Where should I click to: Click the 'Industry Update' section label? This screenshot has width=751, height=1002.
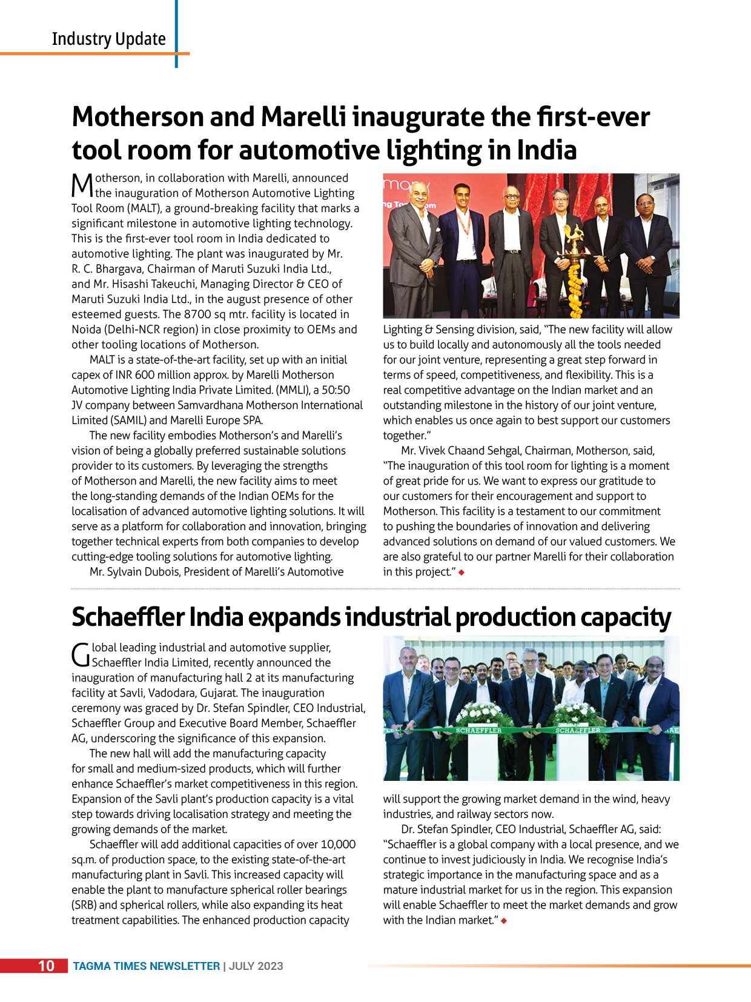[108, 39]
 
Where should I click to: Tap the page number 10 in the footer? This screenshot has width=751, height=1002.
[46, 966]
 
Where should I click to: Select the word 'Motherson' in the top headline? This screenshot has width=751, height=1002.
[137, 117]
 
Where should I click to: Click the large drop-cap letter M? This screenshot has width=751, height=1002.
[82, 185]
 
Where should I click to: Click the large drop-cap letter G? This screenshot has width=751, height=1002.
[81, 655]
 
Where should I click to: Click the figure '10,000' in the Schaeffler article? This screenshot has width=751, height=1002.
[338, 844]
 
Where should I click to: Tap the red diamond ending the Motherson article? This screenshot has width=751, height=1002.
[462, 572]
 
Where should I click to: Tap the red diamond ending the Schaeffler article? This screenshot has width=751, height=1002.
[504, 921]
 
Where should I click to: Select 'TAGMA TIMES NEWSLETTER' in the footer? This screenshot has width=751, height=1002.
[146, 966]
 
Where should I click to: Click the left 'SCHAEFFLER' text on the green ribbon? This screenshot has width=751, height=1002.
[478, 731]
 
